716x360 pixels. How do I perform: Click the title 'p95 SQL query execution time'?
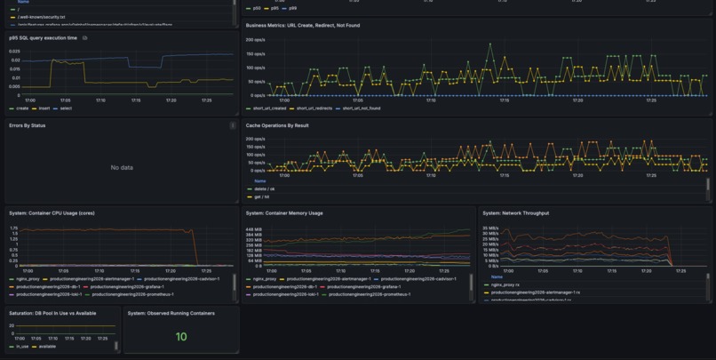43,38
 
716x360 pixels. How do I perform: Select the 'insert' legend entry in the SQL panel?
44,108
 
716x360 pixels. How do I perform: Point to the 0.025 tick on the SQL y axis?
14,52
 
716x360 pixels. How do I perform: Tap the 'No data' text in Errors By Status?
122,167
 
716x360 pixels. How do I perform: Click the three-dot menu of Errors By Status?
233,126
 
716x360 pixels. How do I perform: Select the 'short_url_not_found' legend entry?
361,108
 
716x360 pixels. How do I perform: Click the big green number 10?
181,337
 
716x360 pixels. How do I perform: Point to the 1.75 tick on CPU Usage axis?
13,228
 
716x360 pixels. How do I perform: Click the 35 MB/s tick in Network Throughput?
490,228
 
